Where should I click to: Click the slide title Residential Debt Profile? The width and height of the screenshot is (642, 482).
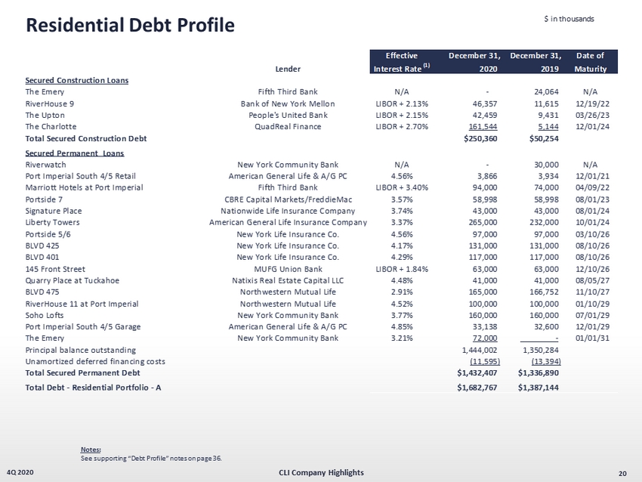pos(131,25)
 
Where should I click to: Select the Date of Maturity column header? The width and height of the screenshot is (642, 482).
pos(589,61)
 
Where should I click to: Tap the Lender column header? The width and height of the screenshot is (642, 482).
pos(288,68)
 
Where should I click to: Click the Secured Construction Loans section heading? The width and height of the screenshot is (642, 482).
pos(76,80)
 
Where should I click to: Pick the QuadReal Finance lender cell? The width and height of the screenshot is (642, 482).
pos(288,126)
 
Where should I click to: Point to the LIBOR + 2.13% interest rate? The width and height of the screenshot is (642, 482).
pos(402,103)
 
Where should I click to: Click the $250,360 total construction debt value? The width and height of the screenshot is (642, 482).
pos(478,139)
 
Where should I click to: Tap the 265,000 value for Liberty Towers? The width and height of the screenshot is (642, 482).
pos(480,222)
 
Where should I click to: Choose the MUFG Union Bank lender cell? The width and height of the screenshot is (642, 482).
pos(288,268)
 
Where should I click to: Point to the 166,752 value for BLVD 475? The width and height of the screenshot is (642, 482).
pos(540,292)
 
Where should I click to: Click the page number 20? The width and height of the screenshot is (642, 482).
pos(622,473)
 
